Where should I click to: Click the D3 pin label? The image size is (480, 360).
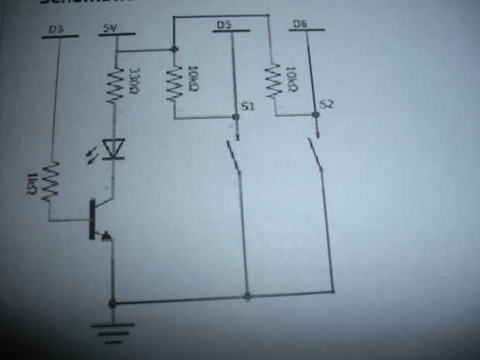tap(56, 29)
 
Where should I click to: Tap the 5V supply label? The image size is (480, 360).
tap(110, 29)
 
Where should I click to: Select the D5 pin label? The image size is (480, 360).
tap(225, 26)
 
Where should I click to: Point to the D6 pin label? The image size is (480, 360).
tap(303, 26)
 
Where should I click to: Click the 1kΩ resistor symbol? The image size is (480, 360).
tap(50, 180)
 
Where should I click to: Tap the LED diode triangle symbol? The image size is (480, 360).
tap(115, 148)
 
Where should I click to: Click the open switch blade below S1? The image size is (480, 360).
tap(234, 156)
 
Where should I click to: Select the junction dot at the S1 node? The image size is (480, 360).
tap(235, 118)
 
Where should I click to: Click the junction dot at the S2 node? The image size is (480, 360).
tap(315, 115)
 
